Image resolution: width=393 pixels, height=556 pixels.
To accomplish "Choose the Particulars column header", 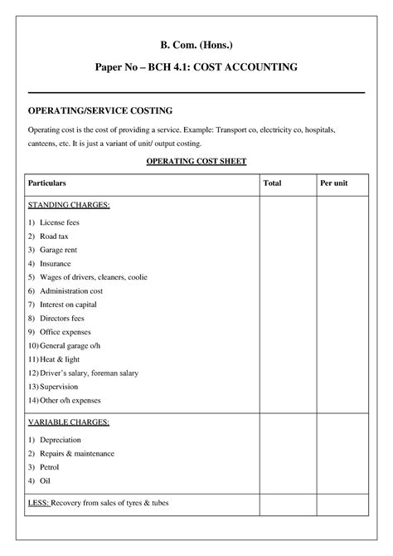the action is (x=47, y=182).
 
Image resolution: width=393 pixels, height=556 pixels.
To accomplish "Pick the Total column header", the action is (x=272, y=182).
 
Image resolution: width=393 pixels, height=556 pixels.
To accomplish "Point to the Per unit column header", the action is (x=333, y=182).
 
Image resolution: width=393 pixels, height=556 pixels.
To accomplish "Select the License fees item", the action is (x=60, y=222).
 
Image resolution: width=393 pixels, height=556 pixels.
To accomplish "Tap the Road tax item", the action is (x=54, y=236).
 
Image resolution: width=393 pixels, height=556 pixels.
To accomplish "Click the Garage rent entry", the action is (x=59, y=249).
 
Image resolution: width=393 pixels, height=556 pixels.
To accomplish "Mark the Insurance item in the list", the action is (x=56, y=263).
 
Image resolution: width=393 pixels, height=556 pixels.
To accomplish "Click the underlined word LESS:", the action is (x=38, y=503).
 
